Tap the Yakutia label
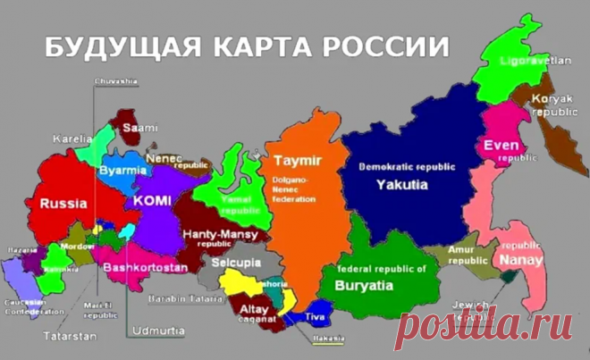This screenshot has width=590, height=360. [401, 185]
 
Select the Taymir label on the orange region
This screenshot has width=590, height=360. [298, 161]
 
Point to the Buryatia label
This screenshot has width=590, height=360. [363, 285]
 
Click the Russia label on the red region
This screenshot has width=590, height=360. [63, 203]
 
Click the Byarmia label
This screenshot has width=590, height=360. [123, 170]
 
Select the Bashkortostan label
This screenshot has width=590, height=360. [146, 267]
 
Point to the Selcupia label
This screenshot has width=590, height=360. [236, 264]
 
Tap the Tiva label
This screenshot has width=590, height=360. [315, 316]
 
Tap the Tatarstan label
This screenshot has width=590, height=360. [63, 338]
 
